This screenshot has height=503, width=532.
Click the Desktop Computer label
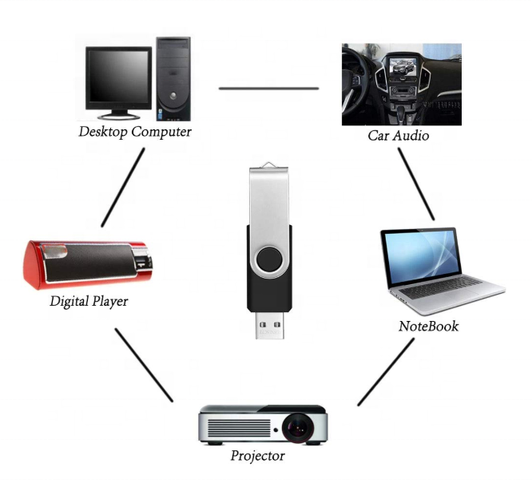[135, 132]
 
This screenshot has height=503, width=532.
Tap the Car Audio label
[398, 136]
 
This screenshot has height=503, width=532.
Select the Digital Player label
[89, 302]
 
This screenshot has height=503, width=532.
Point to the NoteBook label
[428, 327]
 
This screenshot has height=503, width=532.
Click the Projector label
[257, 456]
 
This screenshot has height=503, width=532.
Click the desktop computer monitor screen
[118, 78]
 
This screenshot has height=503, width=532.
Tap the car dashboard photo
[401, 83]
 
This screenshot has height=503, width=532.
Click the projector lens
[296, 428]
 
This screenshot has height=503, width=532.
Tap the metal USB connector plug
[268, 323]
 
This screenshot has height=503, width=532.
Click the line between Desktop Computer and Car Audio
[268, 88]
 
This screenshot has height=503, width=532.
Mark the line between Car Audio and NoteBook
[416, 184]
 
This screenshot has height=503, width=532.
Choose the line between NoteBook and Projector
[385, 371]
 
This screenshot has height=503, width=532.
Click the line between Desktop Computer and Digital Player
[123, 186]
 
